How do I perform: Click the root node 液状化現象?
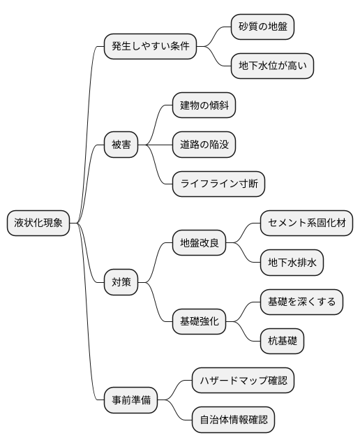point(39,223)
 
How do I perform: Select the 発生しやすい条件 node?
point(149,47)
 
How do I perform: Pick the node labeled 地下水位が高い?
point(273,66)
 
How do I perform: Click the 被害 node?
point(121,145)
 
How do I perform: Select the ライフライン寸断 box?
point(218,184)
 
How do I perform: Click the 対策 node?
point(121,282)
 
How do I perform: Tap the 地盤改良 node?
point(200,243)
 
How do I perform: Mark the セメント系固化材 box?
point(306,223)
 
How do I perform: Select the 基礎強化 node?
point(200,321)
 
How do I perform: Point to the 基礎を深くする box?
point(301,302)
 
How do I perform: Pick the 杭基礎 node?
point(282,341)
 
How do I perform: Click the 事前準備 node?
point(130,400)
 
